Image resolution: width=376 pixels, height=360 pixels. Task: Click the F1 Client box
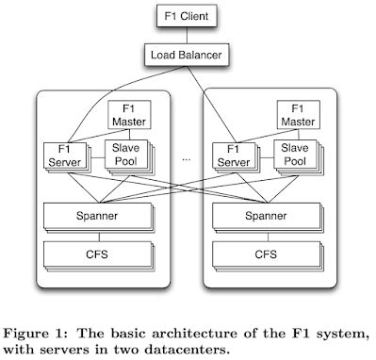tap(188, 16)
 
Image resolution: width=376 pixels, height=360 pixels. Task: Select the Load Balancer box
tap(188, 57)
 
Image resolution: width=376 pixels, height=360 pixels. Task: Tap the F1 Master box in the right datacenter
tap(300, 115)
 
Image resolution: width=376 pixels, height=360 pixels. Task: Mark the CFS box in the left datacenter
tap(97, 254)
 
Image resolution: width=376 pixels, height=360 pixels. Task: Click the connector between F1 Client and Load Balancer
tap(188, 36)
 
